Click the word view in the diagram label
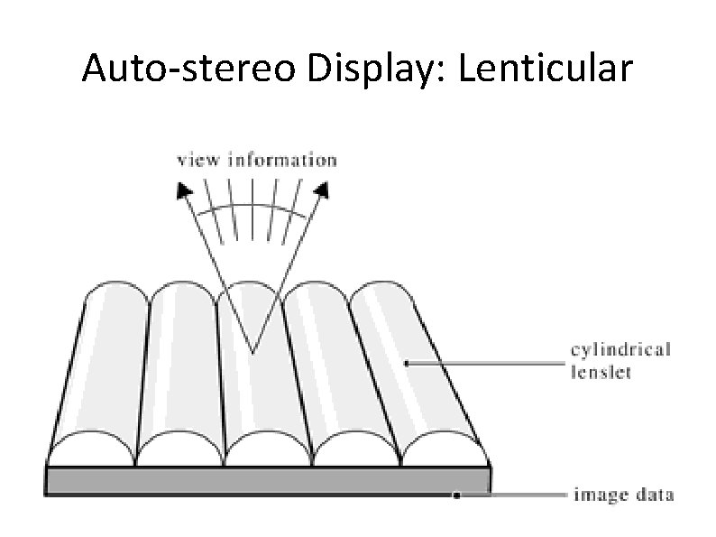click(x=200, y=161)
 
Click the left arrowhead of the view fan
click(x=184, y=189)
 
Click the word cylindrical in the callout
click(x=621, y=350)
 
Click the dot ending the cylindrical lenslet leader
click(x=407, y=363)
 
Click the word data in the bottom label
click(x=654, y=495)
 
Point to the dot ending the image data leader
click(x=457, y=495)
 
